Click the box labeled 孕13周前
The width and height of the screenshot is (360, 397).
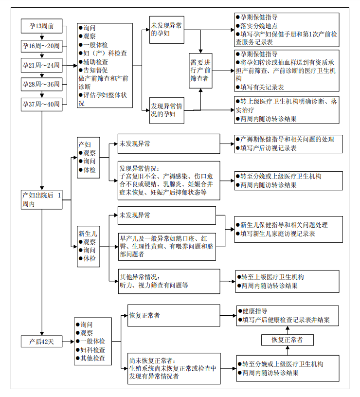point(42,26)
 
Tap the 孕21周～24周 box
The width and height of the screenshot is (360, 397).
point(42,65)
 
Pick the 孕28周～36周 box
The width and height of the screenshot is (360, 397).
point(42,84)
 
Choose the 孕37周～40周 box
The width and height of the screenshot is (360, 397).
point(42,104)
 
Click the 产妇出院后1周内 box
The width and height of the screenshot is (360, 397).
point(42,199)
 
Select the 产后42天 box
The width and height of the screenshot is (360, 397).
point(42,341)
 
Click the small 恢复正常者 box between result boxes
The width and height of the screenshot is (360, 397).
point(287,340)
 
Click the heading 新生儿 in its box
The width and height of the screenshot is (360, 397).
point(87,233)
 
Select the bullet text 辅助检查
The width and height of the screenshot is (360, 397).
point(95,62)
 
